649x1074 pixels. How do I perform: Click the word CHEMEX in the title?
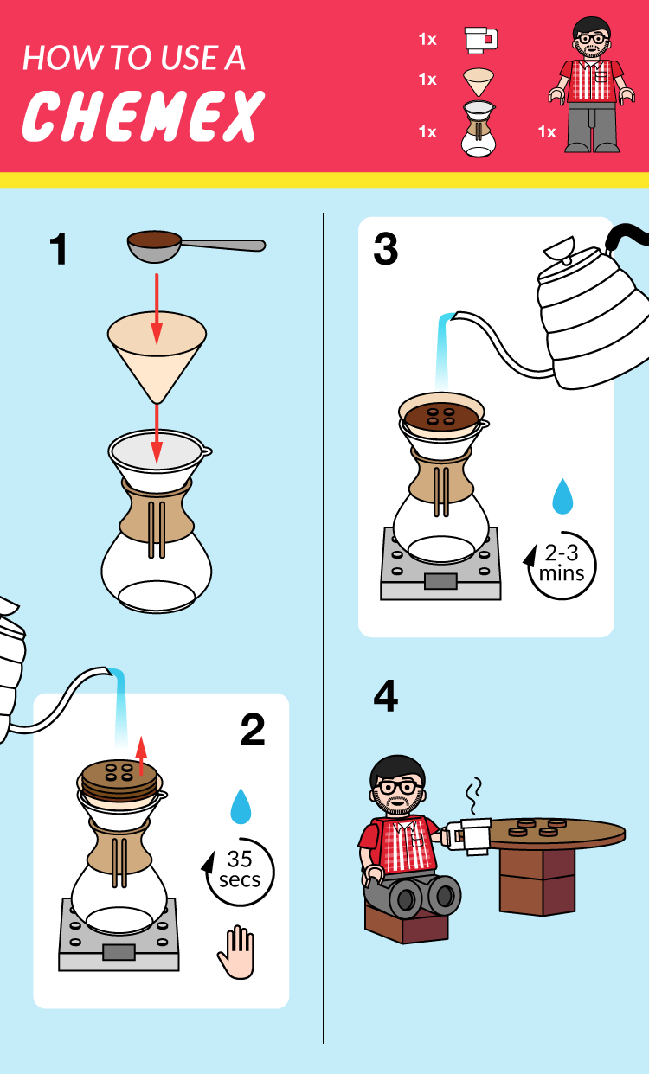[x=144, y=116]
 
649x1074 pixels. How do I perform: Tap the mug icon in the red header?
[x=480, y=40]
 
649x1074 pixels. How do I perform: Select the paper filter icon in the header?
[x=479, y=81]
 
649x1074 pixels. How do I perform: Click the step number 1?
[x=59, y=248]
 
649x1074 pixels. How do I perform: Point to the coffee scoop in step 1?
[x=196, y=246]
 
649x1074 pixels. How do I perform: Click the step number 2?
[x=253, y=729]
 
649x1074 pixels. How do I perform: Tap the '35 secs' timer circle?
[x=239, y=871]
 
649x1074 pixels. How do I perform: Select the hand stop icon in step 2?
[x=236, y=952]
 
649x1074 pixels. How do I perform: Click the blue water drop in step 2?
[x=241, y=806]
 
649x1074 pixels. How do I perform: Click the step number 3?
[x=386, y=248]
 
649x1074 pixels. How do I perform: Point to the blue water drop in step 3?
[x=562, y=495]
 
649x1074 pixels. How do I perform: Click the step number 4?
[x=386, y=696]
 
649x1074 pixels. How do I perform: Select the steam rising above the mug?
[x=473, y=796]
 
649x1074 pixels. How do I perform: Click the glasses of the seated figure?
[x=398, y=788]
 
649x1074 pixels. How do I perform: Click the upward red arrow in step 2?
[x=141, y=756]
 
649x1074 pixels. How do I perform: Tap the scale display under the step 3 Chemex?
[x=440, y=581]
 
